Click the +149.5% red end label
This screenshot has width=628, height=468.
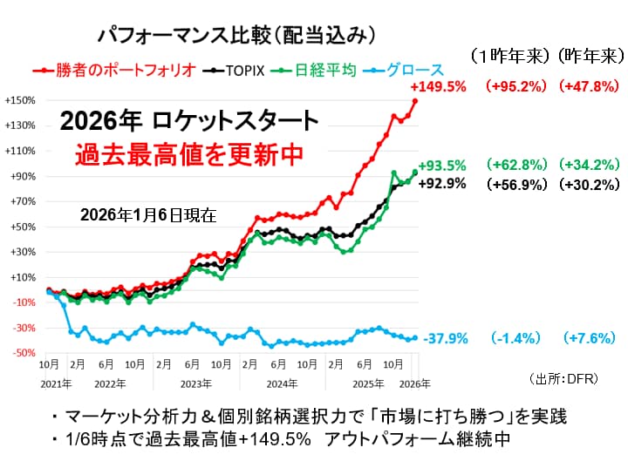(x=438, y=87)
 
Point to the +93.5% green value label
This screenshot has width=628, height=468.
(x=442, y=165)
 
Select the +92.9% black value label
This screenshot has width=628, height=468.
(x=442, y=184)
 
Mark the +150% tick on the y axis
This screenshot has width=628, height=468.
(x=19, y=100)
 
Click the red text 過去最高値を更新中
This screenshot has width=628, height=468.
(x=188, y=154)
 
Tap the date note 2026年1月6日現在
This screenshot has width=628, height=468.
(x=147, y=214)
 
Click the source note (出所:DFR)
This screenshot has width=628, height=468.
(x=563, y=379)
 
